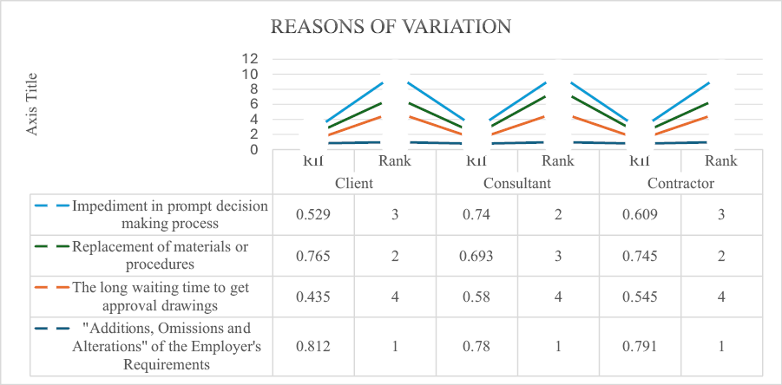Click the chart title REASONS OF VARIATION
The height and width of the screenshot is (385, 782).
(x=391, y=27)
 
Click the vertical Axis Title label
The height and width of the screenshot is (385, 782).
(x=33, y=103)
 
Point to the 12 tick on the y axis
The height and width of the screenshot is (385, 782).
(x=250, y=59)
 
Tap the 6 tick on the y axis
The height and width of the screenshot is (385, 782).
(x=254, y=104)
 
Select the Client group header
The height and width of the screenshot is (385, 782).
(x=354, y=184)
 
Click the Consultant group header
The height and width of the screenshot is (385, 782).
(x=517, y=184)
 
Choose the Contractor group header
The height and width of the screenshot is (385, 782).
(x=680, y=184)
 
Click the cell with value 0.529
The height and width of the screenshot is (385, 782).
(x=313, y=213)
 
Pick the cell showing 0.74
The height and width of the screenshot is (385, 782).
(x=476, y=213)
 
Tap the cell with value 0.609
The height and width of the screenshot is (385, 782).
(x=640, y=213)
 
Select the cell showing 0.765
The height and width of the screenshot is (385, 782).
(x=313, y=255)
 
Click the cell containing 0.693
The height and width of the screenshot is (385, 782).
(x=476, y=255)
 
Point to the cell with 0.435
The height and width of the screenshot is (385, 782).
(x=313, y=297)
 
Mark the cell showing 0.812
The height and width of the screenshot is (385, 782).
(x=313, y=346)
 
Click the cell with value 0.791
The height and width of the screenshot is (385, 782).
(x=640, y=346)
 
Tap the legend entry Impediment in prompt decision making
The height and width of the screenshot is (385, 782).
(x=170, y=213)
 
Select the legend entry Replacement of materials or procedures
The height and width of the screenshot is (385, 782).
(x=161, y=255)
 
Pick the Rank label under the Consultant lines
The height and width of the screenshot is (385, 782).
(x=557, y=160)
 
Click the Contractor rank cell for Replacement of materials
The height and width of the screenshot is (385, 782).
(x=721, y=255)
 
